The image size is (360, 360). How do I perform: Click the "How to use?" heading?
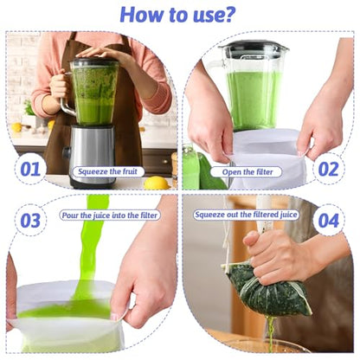coord(177,14)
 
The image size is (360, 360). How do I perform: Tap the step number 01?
coord(30,169)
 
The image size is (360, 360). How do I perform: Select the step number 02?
coord(328,169)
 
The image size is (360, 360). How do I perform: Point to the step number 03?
coord(30,221)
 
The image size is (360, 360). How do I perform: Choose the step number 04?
coord(329,221)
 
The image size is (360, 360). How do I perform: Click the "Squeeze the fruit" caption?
coord(108,172)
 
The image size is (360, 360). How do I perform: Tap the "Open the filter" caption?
coord(247,172)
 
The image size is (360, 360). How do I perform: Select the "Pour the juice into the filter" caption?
coord(110,215)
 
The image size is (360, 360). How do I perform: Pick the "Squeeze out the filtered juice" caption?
coord(246,215)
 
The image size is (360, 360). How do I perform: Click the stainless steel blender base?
coord(93,156)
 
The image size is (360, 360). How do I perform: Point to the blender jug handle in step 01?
coord(64,95)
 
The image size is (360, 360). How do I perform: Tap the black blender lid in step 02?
coord(254,48)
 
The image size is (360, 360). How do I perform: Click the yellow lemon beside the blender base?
coord(157,183)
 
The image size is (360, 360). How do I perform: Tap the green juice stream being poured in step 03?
coord(92,248)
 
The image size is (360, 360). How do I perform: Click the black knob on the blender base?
coord(67,152)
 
